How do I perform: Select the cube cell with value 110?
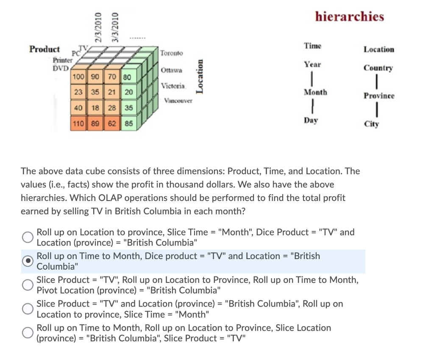(x=78, y=124)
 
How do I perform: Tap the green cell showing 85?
(x=129, y=124)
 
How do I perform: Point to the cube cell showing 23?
(x=78, y=92)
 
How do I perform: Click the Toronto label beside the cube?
(x=172, y=53)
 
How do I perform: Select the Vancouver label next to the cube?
(x=178, y=101)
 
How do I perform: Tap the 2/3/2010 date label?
(x=98, y=27)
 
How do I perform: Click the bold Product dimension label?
(x=45, y=49)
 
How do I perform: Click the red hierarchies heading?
(x=350, y=17)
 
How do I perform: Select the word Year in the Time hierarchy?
(x=312, y=64)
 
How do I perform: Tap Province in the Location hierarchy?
(x=378, y=96)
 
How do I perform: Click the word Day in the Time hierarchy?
(x=311, y=120)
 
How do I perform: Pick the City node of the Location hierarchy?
(x=371, y=124)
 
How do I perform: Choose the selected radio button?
(x=28, y=261)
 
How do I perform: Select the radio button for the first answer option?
(x=28, y=237)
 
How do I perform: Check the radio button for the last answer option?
(x=28, y=333)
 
